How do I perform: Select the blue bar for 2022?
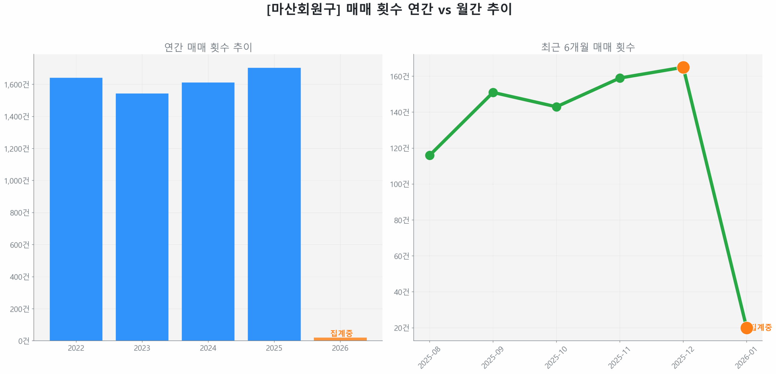(x=76, y=209)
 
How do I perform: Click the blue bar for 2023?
(x=142, y=217)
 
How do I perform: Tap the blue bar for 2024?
(x=208, y=211)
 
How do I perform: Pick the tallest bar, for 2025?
(x=274, y=204)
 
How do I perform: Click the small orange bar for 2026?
(x=340, y=339)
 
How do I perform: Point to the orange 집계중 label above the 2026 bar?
(x=341, y=333)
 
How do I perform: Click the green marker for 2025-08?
(x=430, y=155)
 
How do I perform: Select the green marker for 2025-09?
(x=493, y=92)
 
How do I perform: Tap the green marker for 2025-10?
(x=556, y=107)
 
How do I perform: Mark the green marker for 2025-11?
(x=620, y=78)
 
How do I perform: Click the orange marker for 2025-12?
(x=683, y=67)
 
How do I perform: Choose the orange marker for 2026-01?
(x=746, y=328)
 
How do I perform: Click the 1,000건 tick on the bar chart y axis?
(x=17, y=181)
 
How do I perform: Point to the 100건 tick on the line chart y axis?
(x=399, y=184)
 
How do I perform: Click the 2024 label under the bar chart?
(x=208, y=348)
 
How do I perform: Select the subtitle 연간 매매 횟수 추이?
(x=208, y=47)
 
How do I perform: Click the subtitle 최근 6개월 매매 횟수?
(x=588, y=47)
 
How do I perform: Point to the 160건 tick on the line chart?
(x=399, y=76)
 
